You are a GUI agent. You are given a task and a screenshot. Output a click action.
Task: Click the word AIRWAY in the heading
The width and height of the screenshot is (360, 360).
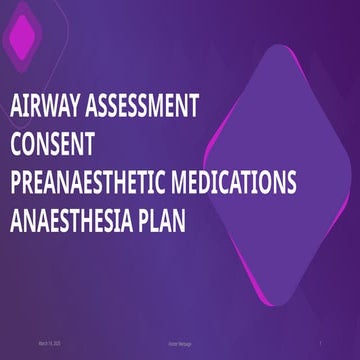point(43,105)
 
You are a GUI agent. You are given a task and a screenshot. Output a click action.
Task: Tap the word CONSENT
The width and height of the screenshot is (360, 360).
point(51,144)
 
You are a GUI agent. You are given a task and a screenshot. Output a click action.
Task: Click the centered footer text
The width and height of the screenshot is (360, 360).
point(180,344)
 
